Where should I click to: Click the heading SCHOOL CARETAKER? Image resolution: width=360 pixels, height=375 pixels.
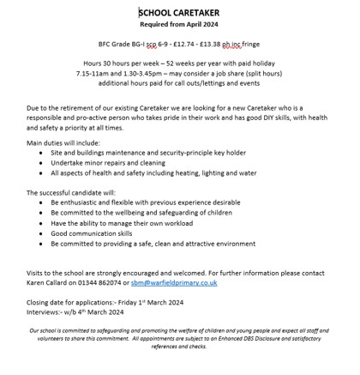pos(179,13)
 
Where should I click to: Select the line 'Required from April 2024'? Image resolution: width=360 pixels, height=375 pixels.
pos(179,25)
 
